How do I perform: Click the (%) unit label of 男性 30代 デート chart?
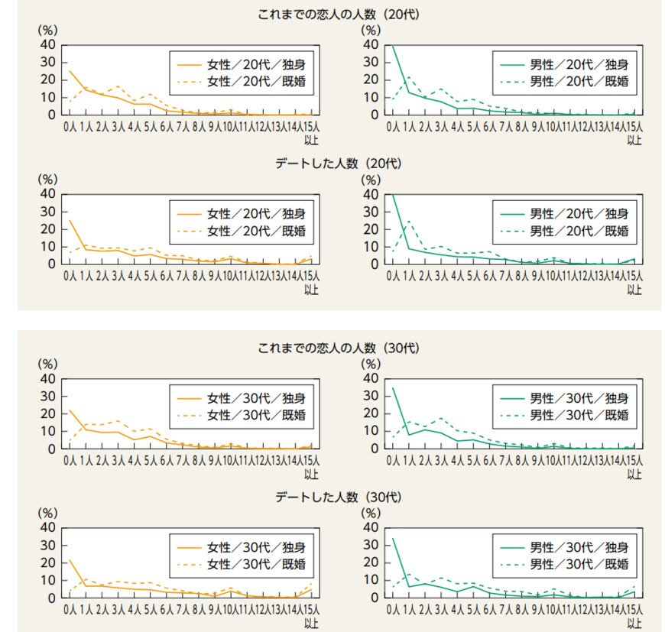pos(370,513)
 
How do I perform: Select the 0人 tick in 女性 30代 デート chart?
pos(70,610)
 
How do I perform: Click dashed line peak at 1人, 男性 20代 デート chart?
pos(409,221)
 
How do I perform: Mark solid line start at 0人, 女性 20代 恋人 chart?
pos(70,71)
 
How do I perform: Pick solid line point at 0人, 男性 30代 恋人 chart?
pos(393,387)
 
